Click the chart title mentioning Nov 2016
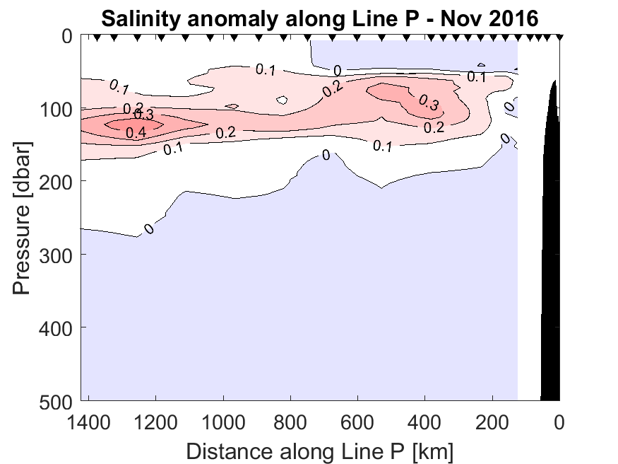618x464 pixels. [320, 18]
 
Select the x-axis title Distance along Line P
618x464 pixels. [320, 450]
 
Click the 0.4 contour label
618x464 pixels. [136, 132]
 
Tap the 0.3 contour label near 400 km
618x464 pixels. [428, 103]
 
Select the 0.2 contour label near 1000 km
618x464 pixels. [225, 133]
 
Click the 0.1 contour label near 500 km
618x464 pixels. [382, 146]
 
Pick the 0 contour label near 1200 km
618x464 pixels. [149, 228]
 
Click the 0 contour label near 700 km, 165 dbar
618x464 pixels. [326, 155]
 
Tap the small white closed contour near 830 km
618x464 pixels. [283, 100]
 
